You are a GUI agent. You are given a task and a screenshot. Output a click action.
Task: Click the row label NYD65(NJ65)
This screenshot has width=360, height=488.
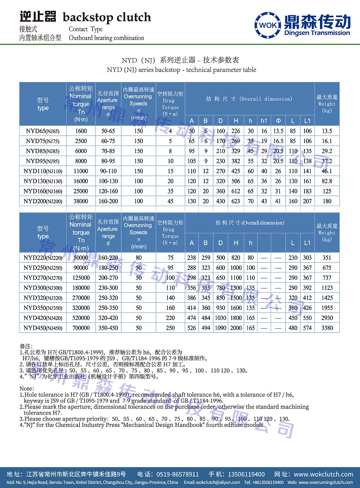coord(43,131)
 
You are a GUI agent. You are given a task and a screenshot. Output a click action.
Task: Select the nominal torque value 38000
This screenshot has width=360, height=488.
coord(81,201)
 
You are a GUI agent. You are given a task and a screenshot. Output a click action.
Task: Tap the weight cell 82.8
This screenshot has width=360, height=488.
coord(327,181)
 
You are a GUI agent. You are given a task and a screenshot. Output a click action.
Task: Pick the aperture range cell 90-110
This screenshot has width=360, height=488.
coord(108,171)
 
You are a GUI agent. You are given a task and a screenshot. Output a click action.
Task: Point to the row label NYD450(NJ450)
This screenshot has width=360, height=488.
coord(43,328)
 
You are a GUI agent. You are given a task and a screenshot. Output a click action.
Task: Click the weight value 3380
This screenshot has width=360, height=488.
coord(327,328)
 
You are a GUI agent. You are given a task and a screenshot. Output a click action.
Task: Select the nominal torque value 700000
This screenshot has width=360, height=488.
coord(81,328)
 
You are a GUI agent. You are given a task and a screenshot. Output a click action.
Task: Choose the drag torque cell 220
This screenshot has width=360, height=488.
coord(171,318)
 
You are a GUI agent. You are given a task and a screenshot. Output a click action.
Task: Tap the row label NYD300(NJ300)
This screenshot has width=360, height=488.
coord(43,288)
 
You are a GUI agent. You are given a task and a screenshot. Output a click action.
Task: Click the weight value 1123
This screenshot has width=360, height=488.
coord(327,288)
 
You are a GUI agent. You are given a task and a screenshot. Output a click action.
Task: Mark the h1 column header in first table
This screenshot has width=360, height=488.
coord(264,121)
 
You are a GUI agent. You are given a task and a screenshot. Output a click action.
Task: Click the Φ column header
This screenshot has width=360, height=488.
coord(279,121)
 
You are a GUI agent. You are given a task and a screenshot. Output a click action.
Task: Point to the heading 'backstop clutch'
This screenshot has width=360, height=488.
coord(107,18)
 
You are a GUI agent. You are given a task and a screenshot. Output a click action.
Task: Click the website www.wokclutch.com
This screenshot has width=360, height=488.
coord(324,474)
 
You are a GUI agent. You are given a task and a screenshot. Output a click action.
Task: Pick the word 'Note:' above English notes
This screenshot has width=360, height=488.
coord(27,388)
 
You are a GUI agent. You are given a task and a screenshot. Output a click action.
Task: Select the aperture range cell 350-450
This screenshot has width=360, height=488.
coord(108,328)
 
